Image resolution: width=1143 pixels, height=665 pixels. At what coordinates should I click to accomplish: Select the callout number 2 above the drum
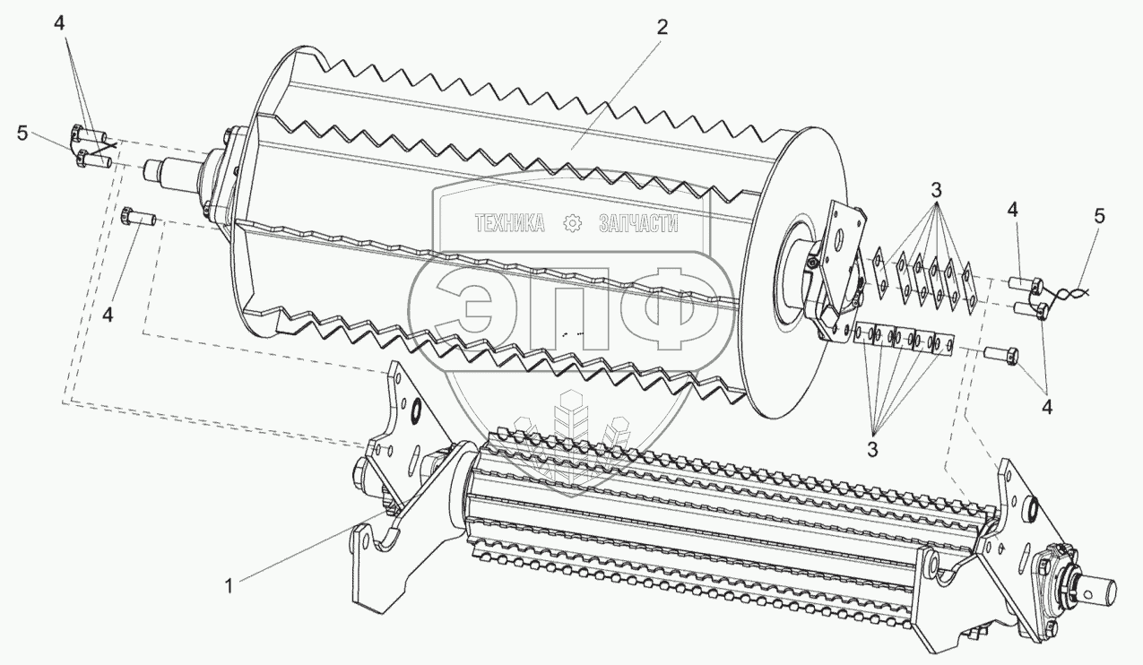pos(662,28)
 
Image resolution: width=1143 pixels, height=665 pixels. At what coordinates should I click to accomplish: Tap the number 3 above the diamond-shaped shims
pos(935,190)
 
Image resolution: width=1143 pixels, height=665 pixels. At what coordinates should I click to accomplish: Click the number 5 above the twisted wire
pos(1099,216)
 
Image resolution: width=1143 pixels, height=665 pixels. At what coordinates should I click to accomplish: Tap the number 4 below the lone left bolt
pos(108,315)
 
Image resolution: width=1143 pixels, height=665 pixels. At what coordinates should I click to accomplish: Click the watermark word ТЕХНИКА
pos(510,224)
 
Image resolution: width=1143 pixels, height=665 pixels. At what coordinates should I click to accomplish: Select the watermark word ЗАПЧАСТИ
pos(637,224)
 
